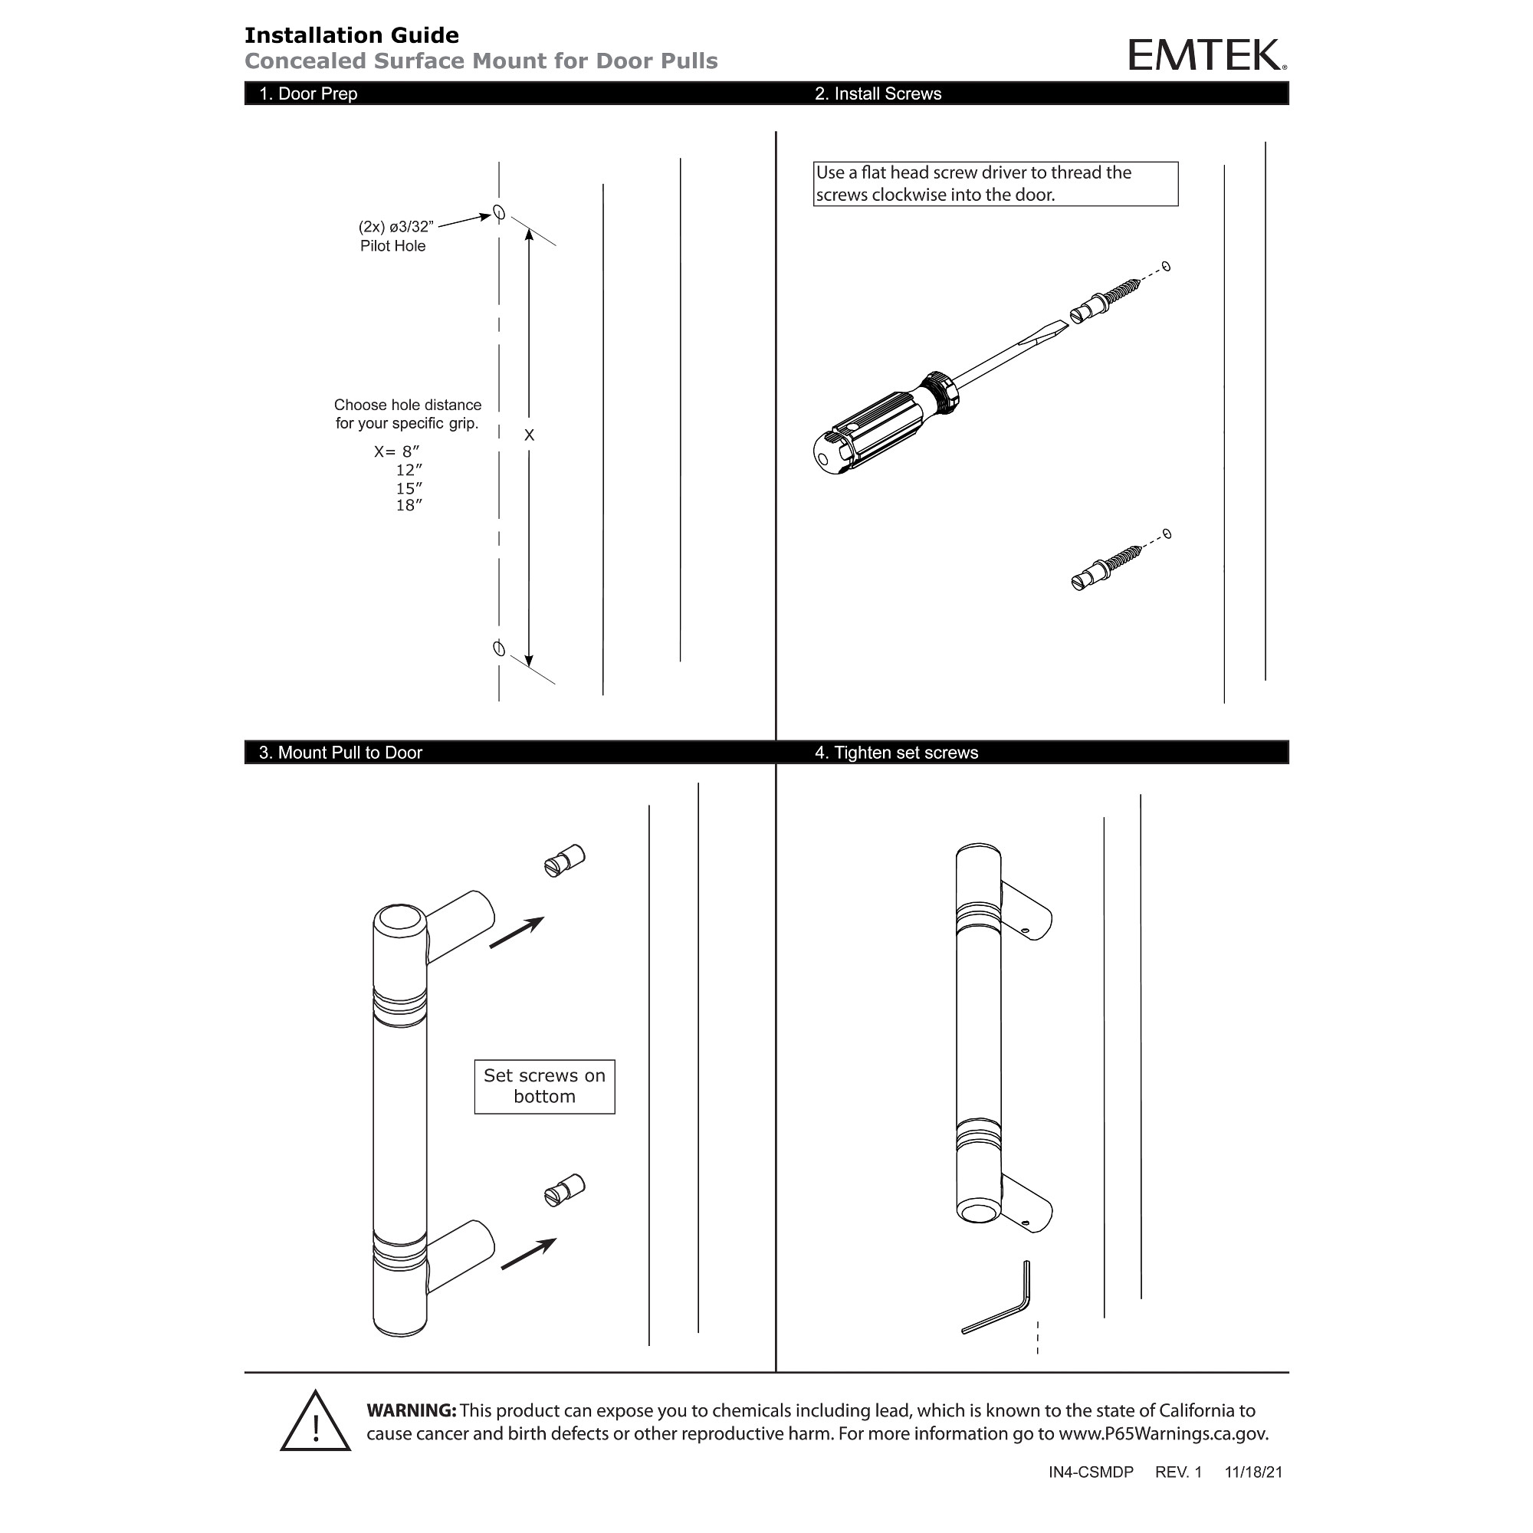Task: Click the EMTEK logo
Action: [x=1206, y=55]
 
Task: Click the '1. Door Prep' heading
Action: [x=308, y=94]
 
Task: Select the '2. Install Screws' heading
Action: [x=878, y=94]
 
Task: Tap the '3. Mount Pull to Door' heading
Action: [x=340, y=752]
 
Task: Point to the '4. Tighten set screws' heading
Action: [x=897, y=752]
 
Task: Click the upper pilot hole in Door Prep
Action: [x=499, y=212]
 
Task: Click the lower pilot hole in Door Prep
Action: [x=499, y=649]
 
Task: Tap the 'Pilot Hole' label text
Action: [x=392, y=246]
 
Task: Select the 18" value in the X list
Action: [x=409, y=505]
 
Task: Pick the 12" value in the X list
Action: [x=409, y=470]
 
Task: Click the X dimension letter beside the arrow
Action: [x=529, y=435]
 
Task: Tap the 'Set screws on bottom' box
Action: [x=544, y=1086]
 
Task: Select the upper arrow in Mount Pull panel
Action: [x=517, y=932]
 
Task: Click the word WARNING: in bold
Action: [x=411, y=1411]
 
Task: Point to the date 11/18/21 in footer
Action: [x=1253, y=1472]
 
